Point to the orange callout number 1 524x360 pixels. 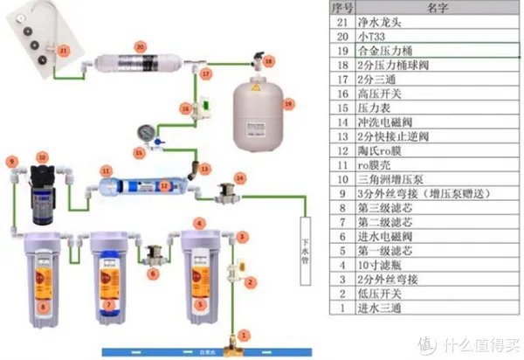(245, 333)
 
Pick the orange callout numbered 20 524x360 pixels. (140, 45)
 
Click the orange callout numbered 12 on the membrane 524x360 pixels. (163, 185)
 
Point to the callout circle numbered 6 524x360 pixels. (154, 273)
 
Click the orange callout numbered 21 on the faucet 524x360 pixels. (63, 52)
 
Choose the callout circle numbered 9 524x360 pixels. (12, 161)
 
